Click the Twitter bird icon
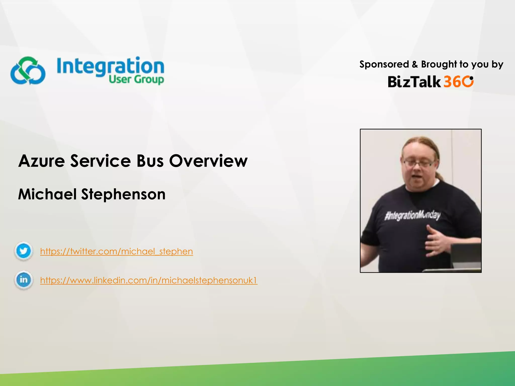23,251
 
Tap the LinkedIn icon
23,280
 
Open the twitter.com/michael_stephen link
116,251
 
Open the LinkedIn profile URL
149,280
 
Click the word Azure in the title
42,161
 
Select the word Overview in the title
208,161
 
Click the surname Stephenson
123,194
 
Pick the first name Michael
47,194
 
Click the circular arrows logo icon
28,71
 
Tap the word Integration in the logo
110,66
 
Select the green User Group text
136,79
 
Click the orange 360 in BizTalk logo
458,82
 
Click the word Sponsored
384,65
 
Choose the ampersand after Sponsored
415,65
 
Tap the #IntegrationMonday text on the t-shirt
412,216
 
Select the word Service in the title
101,161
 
